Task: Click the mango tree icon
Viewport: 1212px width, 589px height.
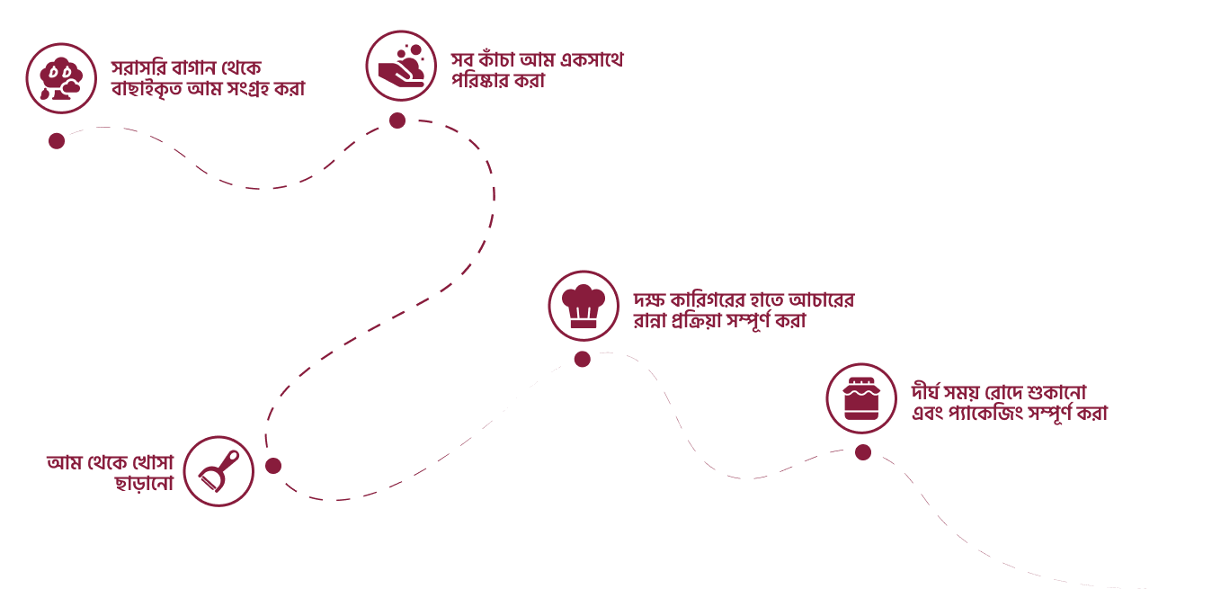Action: pyautogui.click(x=61, y=78)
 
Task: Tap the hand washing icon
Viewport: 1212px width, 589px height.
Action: pyautogui.click(x=401, y=66)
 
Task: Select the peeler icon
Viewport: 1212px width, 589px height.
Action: pyautogui.click(x=218, y=471)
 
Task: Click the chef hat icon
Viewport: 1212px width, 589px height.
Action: pyautogui.click(x=584, y=306)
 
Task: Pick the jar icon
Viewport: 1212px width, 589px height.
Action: pyautogui.click(x=861, y=398)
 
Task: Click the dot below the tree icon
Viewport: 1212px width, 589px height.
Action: pyautogui.click(x=57, y=141)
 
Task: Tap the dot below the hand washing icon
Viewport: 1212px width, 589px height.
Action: pyautogui.click(x=397, y=120)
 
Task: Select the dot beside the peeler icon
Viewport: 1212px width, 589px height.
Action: pyautogui.click(x=273, y=466)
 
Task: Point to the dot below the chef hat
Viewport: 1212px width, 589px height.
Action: pyautogui.click(x=583, y=359)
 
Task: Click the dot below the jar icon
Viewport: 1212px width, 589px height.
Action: pyautogui.click(x=863, y=452)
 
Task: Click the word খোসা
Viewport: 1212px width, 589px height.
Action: pyautogui.click(x=153, y=462)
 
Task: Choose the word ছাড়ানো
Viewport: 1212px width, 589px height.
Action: pyautogui.click(x=144, y=483)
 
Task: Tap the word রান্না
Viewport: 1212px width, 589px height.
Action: pyautogui.click(x=650, y=320)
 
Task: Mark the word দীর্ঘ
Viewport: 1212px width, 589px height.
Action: pyautogui.click(x=925, y=391)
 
